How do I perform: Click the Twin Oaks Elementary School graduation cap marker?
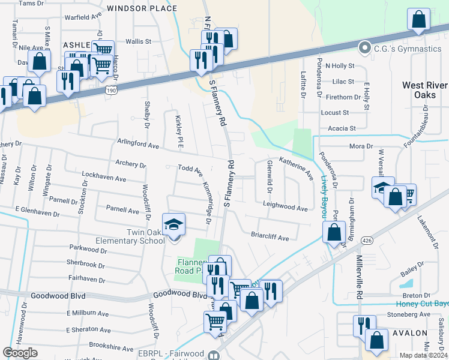click(x=174, y=225)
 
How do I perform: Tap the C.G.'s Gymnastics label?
click(x=407, y=48)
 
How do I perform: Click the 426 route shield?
click(x=366, y=240)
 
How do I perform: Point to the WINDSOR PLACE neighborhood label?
click(x=142, y=8)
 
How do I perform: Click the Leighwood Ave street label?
click(x=285, y=206)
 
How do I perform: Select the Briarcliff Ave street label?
click(x=270, y=238)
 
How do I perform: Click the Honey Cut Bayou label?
click(x=418, y=304)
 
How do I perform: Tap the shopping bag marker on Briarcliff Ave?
click(x=333, y=232)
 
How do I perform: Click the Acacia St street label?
click(x=339, y=128)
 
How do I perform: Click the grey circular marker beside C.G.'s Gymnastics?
click(x=364, y=47)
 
